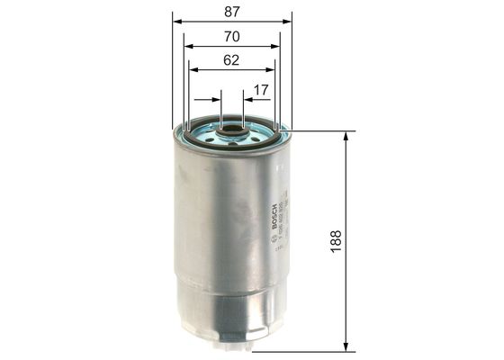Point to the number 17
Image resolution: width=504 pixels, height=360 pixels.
point(261,89)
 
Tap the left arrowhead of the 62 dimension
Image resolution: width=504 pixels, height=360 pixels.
point(193,72)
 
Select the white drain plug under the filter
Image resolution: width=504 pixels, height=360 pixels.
point(233,346)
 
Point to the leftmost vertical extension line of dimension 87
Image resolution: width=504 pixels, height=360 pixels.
point(171,72)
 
